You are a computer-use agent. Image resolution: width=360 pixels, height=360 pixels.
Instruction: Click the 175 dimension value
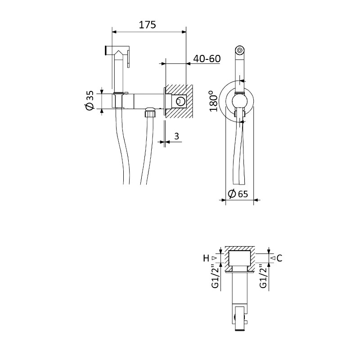148,25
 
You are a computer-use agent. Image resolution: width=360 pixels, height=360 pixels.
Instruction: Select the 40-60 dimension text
207,58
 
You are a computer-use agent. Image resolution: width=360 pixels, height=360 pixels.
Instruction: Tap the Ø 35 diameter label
90,100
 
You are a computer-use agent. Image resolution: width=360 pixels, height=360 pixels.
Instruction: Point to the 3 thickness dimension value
176,136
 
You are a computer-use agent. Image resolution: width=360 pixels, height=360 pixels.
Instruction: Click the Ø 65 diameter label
238,194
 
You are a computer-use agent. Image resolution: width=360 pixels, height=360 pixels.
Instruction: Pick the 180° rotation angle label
213,101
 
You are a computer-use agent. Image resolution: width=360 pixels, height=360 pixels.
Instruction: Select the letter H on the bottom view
206,258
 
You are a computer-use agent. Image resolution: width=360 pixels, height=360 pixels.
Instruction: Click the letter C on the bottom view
279,258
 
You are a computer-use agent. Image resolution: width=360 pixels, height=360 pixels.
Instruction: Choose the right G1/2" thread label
263,276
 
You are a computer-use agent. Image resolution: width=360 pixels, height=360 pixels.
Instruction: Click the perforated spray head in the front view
240,50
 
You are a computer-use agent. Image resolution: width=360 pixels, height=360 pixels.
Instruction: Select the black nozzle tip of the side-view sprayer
106,50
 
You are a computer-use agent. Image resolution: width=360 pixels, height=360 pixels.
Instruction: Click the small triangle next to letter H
215,258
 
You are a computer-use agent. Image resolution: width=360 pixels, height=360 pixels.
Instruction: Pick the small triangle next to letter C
273,258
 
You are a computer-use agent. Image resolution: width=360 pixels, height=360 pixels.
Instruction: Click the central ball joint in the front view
239,101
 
